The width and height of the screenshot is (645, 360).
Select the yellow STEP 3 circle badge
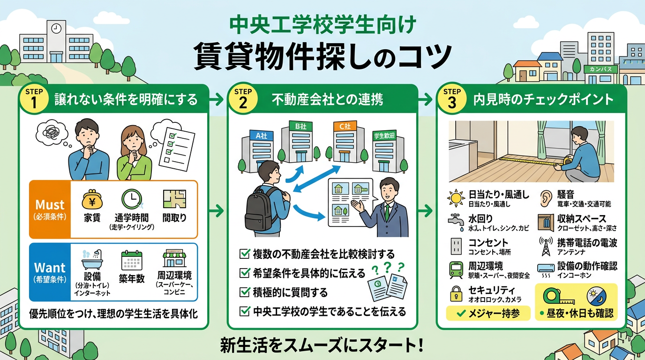point(452,100)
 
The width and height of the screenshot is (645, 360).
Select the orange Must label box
point(50,210)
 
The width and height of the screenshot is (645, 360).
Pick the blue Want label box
point(50,272)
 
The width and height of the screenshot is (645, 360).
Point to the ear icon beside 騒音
point(546,197)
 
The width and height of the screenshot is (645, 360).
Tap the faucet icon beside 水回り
point(455,222)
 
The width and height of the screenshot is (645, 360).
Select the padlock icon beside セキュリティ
point(455,294)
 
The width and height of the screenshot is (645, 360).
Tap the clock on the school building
point(56,28)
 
